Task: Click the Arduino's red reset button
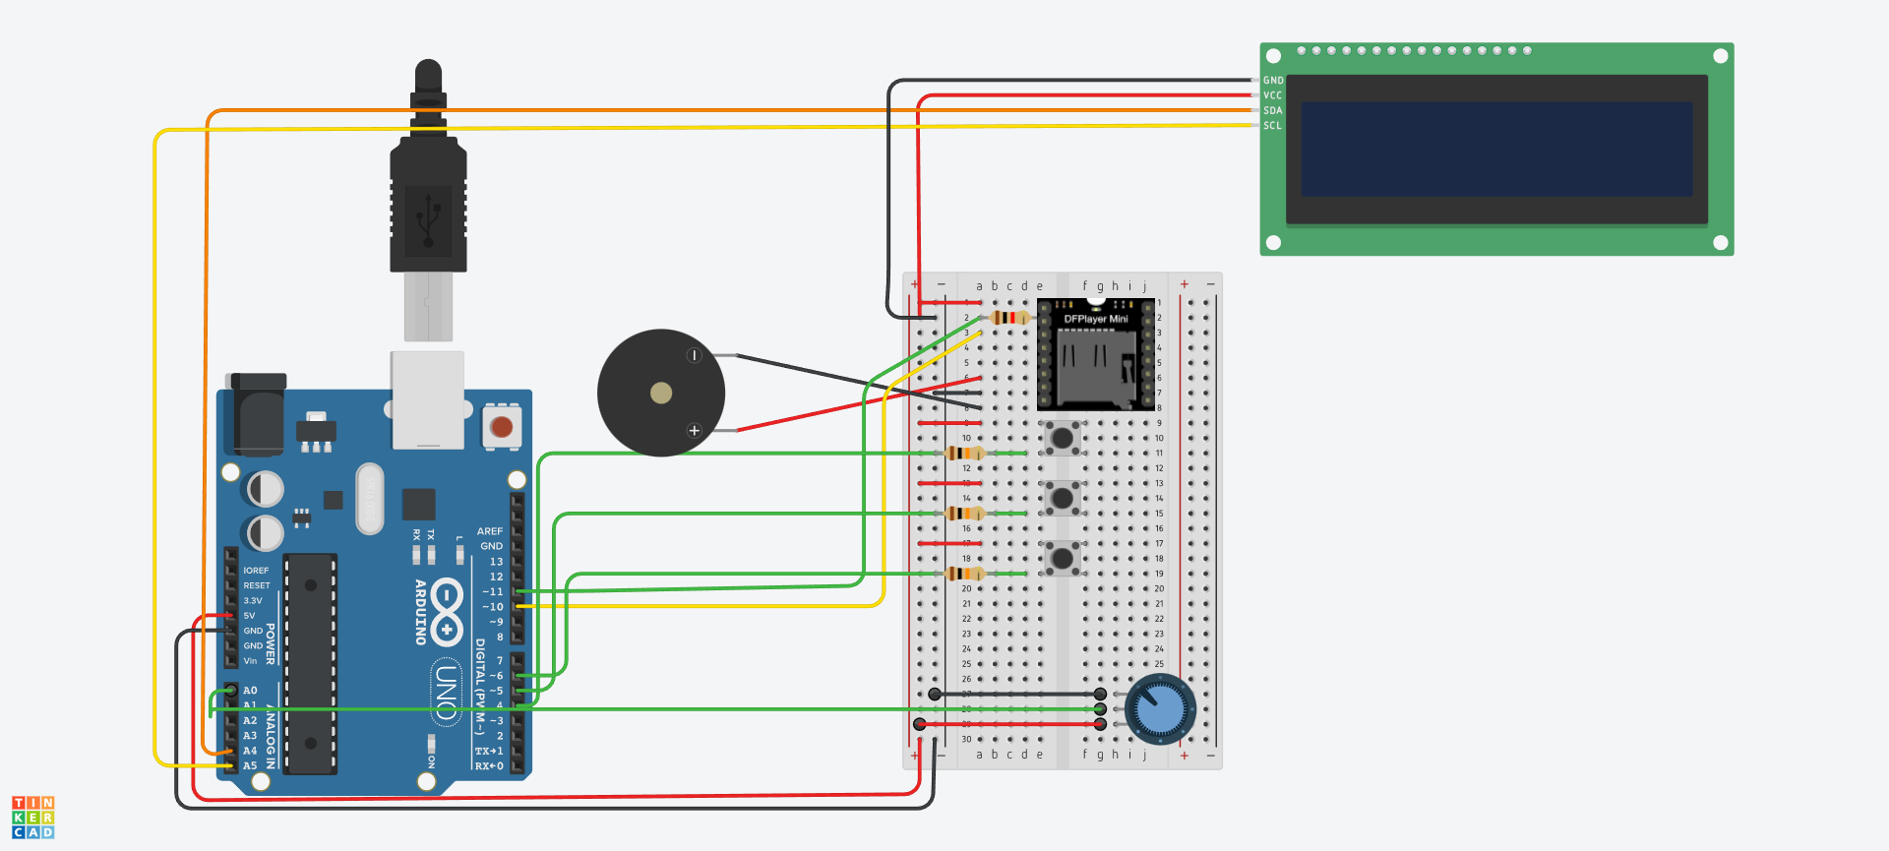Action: click(502, 427)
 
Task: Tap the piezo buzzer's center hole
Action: click(661, 394)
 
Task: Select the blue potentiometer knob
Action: click(1161, 709)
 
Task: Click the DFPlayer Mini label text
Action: click(1096, 319)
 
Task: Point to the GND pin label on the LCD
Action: click(1273, 81)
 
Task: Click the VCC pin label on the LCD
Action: click(1273, 95)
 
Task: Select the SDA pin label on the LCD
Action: click(1273, 110)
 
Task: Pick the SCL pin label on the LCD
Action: click(1273, 126)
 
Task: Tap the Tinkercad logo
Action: click(33, 818)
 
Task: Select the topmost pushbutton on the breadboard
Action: click(1062, 438)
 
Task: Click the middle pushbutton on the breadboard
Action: click(1062, 498)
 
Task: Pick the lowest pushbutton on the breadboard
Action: click(1062, 558)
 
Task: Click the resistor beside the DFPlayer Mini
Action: click(1009, 318)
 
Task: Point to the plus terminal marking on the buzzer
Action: click(695, 431)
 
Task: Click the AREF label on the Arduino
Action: click(490, 531)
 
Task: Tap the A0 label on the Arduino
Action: click(250, 691)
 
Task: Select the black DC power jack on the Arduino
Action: click(257, 413)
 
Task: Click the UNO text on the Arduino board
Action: click(447, 693)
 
